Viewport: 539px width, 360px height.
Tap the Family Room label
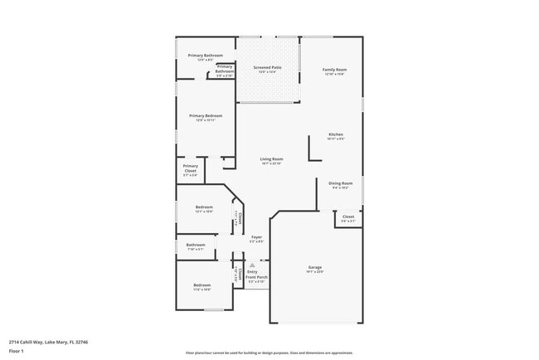click(334, 69)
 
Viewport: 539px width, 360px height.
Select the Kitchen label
click(336, 134)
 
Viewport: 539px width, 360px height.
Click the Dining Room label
click(341, 182)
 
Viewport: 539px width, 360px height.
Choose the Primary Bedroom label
click(205, 115)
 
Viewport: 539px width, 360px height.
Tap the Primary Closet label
click(190, 169)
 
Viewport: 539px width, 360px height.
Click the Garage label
click(315, 266)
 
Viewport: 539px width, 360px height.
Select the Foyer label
click(257, 237)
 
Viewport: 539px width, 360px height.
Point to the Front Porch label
click(257, 277)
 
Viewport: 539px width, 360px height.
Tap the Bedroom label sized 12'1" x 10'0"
click(204, 207)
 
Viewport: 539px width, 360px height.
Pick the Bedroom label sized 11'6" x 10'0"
click(202, 285)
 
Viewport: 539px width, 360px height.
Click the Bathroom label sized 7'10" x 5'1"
click(196, 245)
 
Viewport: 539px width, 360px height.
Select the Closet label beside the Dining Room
click(348, 216)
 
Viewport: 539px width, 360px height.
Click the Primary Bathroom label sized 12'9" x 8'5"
click(205, 56)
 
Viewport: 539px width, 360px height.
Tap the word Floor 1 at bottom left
click(17, 351)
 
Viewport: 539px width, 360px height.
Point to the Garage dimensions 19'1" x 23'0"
click(315, 271)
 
